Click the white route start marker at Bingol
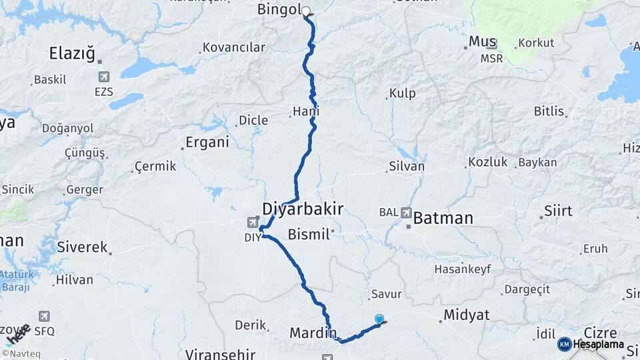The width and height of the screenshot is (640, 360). click(x=306, y=11)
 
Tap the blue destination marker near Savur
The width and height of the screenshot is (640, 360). click(x=379, y=319)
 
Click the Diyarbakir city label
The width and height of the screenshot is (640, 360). click(x=303, y=209)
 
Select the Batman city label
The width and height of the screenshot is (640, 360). click(x=443, y=218)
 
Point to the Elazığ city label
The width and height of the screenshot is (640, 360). click(x=73, y=53)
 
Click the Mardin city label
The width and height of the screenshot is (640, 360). click(x=312, y=331)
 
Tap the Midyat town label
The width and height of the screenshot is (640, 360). click(x=466, y=315)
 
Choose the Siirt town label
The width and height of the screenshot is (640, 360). click(x=558, y=211)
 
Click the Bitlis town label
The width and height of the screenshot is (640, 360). click(x=549, y=111)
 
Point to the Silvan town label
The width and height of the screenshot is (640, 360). click(x=406, y=167)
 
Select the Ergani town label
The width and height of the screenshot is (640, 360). click(x=207, y=142)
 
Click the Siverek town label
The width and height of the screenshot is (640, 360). click(x=82, y=247)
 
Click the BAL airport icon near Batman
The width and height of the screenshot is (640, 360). click(x=407, y=213)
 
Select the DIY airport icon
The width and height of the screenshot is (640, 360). click(x=253, y=223)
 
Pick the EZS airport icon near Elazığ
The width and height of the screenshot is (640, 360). click(x=104, y=77)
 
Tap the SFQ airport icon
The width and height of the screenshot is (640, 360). click(x=45, y=316)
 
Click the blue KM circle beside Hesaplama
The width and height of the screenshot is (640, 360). click(x=564, y=344)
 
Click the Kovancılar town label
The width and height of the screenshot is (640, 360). click(x=233, y=48)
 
